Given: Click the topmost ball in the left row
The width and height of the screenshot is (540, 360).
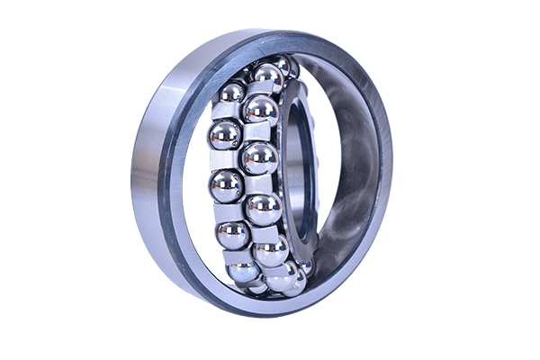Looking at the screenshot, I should tap(231, 93).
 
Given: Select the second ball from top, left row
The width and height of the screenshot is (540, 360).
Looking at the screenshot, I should tap(222, 137).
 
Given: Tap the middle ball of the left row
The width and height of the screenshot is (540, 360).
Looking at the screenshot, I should tap(225, 186).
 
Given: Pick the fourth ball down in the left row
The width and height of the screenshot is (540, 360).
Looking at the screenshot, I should tap(232, 234).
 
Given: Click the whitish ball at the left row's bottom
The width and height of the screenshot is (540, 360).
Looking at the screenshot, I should tap(244, 271).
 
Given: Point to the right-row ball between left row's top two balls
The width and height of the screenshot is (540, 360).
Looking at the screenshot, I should tap(260, 111).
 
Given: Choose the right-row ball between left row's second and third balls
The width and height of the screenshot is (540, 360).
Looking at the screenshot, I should tap(259, 158).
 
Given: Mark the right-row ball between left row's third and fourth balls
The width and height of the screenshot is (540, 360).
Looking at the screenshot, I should tap(264, 208).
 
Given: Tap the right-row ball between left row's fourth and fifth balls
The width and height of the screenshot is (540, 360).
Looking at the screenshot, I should tap(271, 251).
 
